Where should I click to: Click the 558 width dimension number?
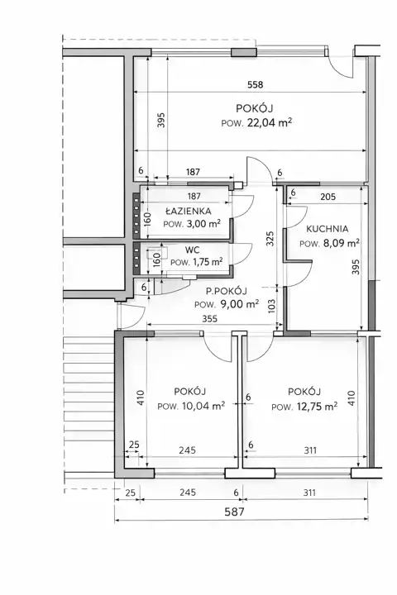tap(255, 84)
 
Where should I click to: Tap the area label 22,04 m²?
tap(270, 122)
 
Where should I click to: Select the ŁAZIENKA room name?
tap(189, 211)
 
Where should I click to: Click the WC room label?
tap(192, 250)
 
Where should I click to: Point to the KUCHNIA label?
tap(327, 229)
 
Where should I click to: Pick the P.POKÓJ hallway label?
tap(227, 291)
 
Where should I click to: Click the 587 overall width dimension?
tap(234, 512)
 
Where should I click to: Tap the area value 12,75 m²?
tap(318, 407)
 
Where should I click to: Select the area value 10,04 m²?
tap(203, 406)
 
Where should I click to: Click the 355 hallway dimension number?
tap(210, 319)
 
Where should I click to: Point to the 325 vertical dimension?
tap(270, 239)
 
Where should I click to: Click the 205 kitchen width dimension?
tap(328, 197)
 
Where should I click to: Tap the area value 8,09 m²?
tap(341, 243)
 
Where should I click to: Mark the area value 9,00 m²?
tap(240, 304)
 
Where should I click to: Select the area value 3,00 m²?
tap(203, 223)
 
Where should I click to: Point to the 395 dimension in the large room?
tap(161, 120)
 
